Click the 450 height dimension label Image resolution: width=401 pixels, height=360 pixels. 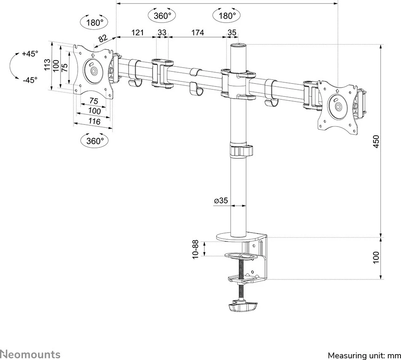pos(376,141)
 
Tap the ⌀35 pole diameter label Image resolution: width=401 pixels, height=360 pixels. pos(221,201)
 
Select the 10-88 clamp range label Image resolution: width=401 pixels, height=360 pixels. pos(195,249)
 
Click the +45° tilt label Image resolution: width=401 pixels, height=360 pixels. pos(30,54)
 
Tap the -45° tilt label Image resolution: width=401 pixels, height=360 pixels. pos(30,79)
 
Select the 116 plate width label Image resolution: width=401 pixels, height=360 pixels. pos(94,122)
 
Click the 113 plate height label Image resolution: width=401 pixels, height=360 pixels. pos(48,65)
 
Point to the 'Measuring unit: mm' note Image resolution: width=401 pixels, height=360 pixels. pos(364,355)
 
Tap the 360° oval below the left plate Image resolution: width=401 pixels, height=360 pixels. pos(95,141)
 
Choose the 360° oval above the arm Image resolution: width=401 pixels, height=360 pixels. pos(162,16)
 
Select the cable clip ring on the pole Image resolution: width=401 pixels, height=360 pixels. pos(241,151)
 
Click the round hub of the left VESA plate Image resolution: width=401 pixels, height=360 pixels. pos(93,70)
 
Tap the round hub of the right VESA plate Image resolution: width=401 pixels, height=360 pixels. pos(338,104)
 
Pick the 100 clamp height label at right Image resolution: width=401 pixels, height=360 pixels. pos(376,257)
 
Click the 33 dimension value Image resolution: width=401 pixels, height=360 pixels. pos(162,33)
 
